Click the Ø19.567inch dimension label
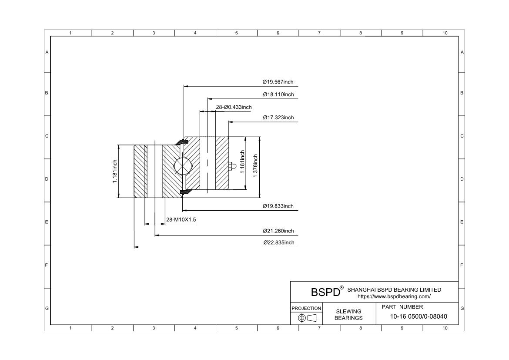click(x=278, y=82)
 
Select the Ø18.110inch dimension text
click(x=278, y=94)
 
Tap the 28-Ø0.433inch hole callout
click(x=234, y=107)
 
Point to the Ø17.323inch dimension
click(x=278, y=118)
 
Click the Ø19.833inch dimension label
click(x=278, y=206)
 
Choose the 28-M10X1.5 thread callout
click(x=181, y=220)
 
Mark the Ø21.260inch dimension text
click(x=278, y=231)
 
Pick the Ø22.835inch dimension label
click(x=279, y=243)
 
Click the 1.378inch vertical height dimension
click(x=255, y=166)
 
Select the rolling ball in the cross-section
click(x=183, y=166)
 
